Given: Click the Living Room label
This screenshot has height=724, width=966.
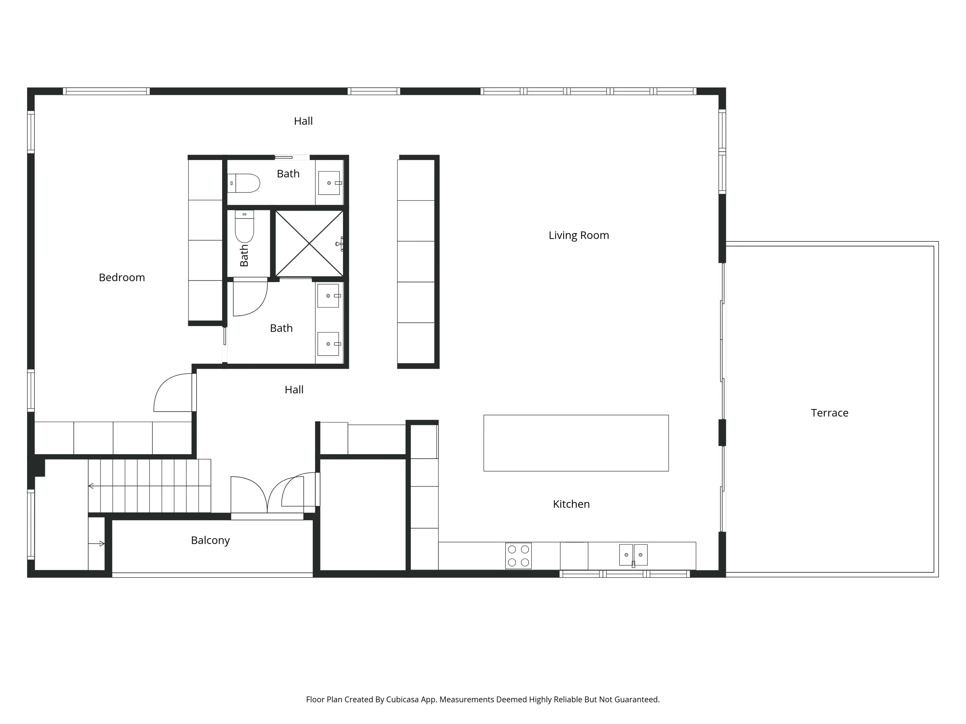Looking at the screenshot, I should tap(578, 235).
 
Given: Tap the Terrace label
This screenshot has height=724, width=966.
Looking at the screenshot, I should tap(829, 413).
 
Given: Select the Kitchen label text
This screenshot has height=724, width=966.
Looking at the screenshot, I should tap(571, 504).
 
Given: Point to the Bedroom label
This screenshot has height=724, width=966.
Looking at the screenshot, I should tap(121, 278).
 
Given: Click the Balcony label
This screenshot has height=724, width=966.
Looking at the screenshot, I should tap(210, 540).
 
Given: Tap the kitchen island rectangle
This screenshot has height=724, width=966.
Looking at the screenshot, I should tap(576, 443).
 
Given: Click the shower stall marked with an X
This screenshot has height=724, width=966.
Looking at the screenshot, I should tap(309, 244).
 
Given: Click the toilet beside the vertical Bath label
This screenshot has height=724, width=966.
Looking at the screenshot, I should tap(244, 226).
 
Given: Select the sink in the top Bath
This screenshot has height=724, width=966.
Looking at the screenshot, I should tap(329, 183).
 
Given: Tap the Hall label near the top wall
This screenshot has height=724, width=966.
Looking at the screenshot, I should tap(303, 121).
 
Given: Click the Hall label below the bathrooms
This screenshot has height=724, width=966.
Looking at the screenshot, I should tap(294, 390).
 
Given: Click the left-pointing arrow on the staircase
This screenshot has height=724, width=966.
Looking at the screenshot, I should tap(91, 486).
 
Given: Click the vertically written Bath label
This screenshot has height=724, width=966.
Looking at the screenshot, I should tap(244, 256).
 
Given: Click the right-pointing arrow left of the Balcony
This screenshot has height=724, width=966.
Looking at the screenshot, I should tap(101, 543).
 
